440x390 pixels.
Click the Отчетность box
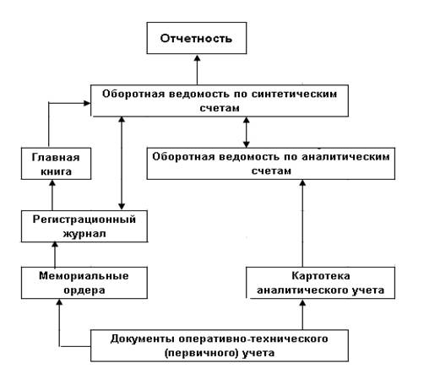(x=197, y=38)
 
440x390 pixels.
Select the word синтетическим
(x=294, y=94)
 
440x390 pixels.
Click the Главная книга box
(x=56, y=164)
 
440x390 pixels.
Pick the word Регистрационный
(x=84, y=219)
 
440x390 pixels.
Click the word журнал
(x=84, y=234)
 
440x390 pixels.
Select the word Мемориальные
(x=84, y=276)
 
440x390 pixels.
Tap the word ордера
(x=84, y=290)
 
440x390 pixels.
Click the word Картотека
(x=321, y=276)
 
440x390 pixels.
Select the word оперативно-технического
(x=253, y=339)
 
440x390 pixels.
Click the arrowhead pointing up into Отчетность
(x=197, y=58)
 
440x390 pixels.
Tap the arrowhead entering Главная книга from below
(x=52, y=183)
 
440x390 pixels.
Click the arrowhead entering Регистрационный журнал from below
(x=55, y=245)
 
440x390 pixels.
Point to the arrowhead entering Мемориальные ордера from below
(x=59, y=302)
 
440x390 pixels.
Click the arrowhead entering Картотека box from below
(x=302, y=302)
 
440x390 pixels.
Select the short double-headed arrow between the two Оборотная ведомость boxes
(x=247, y=133)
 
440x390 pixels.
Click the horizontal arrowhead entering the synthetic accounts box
(x=87, y=103)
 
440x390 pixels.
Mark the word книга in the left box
(x=56, y=171)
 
